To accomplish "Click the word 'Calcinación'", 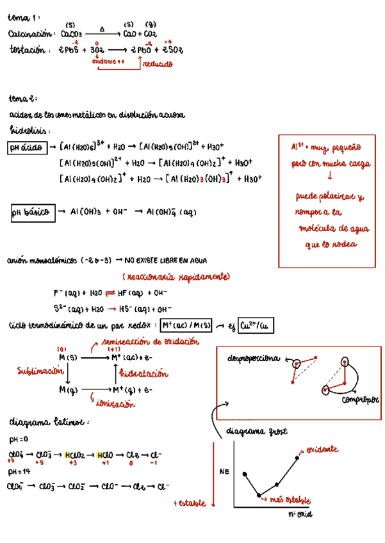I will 29,34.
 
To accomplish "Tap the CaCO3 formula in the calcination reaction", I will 70,35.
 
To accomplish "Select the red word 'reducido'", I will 157,63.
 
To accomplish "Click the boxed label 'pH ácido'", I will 27,148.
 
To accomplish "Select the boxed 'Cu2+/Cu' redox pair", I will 254,326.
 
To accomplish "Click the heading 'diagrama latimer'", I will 49,423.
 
